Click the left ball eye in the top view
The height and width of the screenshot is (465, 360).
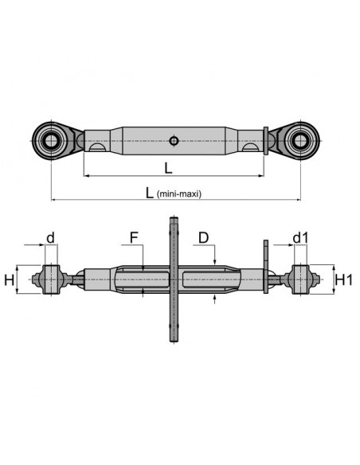coord(51,141)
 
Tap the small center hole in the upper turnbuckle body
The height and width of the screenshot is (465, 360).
coord(174,142)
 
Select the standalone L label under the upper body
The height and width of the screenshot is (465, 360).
coord(167,167)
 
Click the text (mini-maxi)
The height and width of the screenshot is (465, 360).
coord(179,193)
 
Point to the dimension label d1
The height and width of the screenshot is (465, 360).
coord(299,237)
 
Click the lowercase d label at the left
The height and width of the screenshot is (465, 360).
coord(51,237)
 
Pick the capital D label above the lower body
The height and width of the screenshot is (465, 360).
coord(204,237)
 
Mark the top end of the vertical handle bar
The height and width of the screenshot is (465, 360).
coord(172,219)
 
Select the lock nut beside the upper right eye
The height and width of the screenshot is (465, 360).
coord(265,141)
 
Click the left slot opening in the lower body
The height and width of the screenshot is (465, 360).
coord(143,280)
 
